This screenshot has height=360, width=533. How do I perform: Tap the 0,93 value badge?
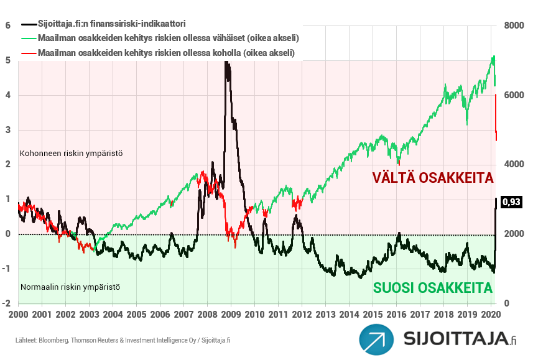511,201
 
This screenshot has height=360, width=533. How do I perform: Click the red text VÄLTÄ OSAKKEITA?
432,178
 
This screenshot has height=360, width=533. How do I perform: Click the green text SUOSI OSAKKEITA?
432,288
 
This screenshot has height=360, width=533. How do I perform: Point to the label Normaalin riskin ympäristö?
70,287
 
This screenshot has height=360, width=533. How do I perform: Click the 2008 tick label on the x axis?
207,316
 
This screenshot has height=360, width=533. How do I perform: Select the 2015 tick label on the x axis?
373,316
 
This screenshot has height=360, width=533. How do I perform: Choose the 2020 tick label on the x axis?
491,316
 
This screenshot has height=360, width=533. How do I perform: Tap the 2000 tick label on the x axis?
18,316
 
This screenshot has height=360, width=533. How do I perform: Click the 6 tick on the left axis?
8,25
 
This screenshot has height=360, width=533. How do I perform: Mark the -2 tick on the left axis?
7,303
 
